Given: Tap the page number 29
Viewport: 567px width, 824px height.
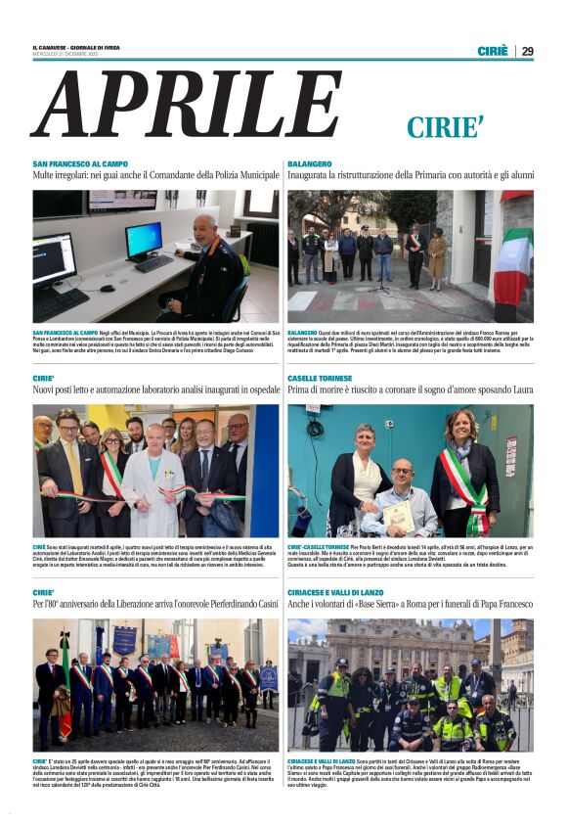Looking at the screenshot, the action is pyautogui.click(x=527, y=51).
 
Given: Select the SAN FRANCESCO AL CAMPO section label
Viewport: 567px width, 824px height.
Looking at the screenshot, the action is pyautogui.click(x=79, y=163).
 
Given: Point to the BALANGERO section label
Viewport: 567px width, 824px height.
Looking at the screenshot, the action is pyautogui.click(x=310, y=163).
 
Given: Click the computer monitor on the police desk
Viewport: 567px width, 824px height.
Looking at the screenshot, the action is pyautogui.click(x=144, y=240).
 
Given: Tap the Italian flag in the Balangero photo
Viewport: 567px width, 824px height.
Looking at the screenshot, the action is pyautogui.click(x=513, y=262).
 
